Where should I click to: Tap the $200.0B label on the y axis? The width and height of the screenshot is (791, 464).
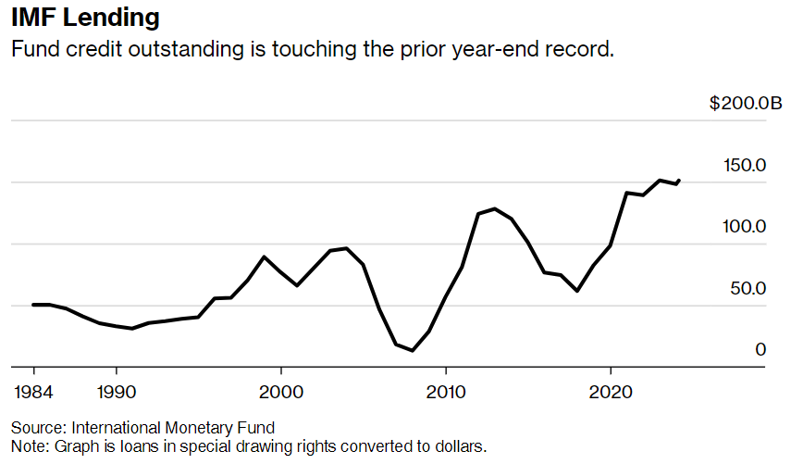(738, 104)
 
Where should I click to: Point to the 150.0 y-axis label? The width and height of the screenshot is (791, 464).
(746, 166)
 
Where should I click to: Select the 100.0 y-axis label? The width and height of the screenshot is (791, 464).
(746, 227)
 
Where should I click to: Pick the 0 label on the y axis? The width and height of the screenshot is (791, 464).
(761, 350)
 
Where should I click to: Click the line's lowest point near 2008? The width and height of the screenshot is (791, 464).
(413, 351)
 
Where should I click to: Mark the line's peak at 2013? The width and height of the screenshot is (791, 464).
(495, 208)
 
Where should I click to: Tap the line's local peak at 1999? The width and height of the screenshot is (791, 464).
(265, 257)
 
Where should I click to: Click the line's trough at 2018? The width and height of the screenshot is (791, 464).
(577, 291)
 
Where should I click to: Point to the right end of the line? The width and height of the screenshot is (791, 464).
(679, 180)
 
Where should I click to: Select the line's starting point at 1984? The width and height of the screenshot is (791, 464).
(33, 305)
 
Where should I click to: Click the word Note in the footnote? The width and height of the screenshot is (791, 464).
(28, 445)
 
